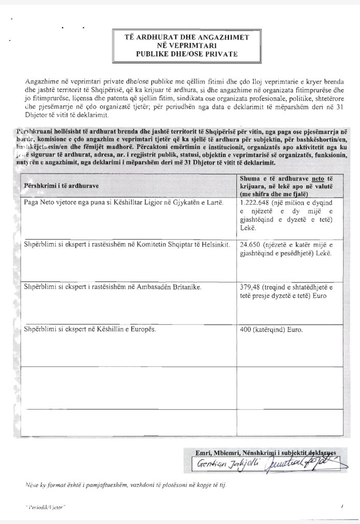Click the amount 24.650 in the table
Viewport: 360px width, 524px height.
click(x=251, y=245)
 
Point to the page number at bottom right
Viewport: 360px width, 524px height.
click(x=341, y=506)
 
